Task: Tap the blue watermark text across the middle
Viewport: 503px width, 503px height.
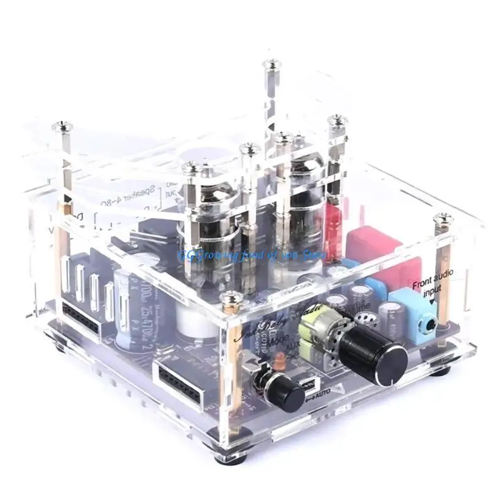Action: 251,257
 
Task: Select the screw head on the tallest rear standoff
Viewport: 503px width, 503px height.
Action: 272,64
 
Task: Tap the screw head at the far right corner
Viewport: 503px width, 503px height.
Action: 443,218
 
